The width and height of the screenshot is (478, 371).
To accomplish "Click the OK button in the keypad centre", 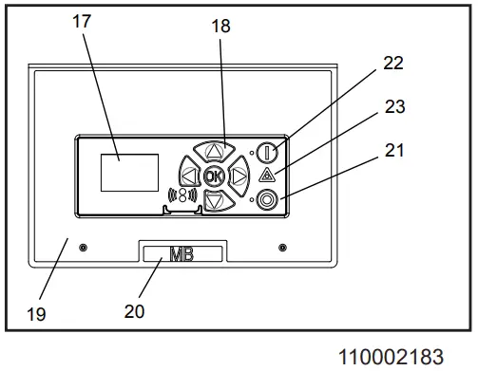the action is coord(214,176).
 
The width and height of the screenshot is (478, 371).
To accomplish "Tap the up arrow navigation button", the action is coord(215,151).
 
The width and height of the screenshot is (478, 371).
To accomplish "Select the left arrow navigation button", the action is coord(189,176).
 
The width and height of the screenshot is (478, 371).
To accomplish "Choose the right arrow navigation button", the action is coord(239,176).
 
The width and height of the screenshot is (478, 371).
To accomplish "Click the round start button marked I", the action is coord(267,153).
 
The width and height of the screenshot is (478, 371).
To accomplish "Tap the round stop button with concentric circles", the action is coord(267,200).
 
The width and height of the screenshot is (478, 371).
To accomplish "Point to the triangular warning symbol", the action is coord(267,175).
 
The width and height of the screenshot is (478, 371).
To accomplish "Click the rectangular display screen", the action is coord(129,173).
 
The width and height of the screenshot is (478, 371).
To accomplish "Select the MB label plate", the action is coord(182,254).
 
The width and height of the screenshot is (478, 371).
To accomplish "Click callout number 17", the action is coord(82,22).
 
